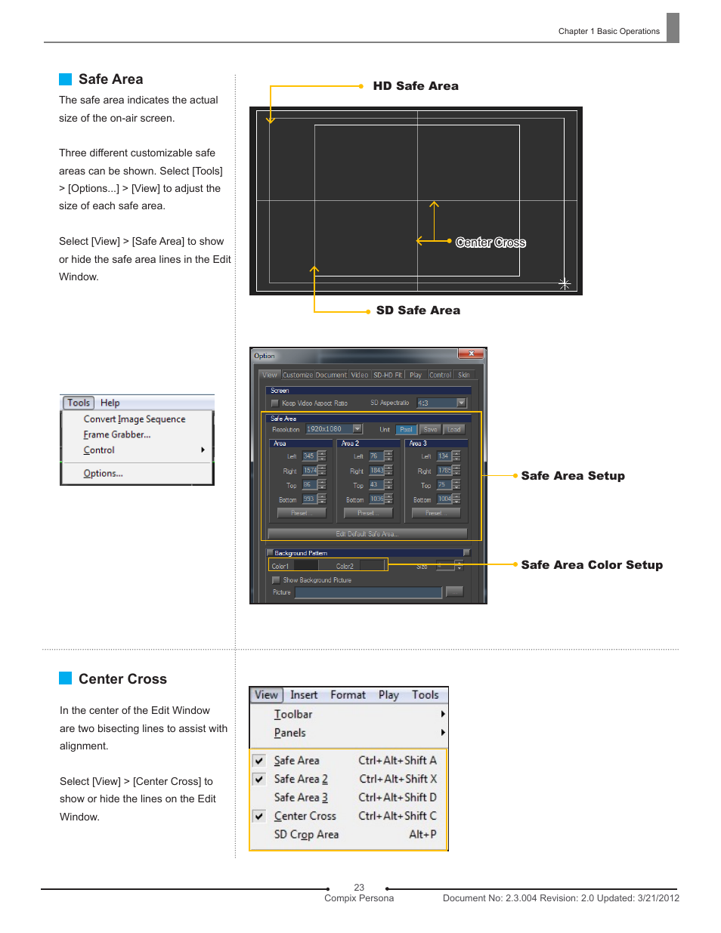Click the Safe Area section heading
pyautogui.click(x=110, y=79)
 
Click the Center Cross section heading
pyautogui.click(x=122, y=679)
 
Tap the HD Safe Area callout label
pyautogui.click(x=415, y=86)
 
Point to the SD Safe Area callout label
pyautogui.click(x=418, y=310)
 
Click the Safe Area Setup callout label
pyautogui.click(x=572, y=476)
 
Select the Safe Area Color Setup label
pyautogui.click(x=591, y=565)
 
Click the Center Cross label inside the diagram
pyautogui.click(x=490, y=243)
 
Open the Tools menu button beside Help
pyautogui.click(x=79, y=403)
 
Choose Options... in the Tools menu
pyautogui.click(x=103, y=474)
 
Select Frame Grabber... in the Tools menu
pyautogui.click(x=116, y=435)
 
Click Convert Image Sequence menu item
pyautogui.click(x=134, y=419)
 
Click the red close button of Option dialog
pyautogui.click(x=471, y=354)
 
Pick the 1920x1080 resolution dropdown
pyautogui.click(x=333, y=429)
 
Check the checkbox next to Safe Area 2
pyautogui.click(x=259, y=779)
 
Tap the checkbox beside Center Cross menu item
pyautogui.click(x=259, y=816)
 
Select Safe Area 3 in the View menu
pyautogui.click(x=301, y=798)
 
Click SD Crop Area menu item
pyautogui.click(x=306, y=835)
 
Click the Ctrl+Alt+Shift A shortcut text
pyautogui.click(x=397, y=761)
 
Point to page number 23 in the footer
pyautogui.click(x=359, y=888)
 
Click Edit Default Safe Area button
pyautogui.click(x=367, y=534)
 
